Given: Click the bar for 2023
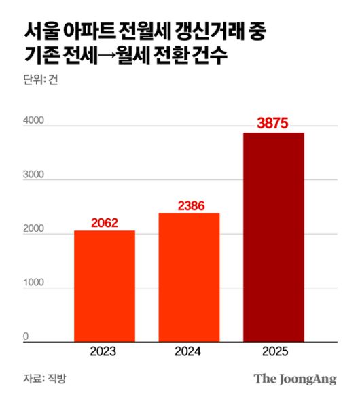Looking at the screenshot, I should pos(104,285).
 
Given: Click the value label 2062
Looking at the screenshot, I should pos(104,222).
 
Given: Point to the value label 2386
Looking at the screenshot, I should pos(190,204).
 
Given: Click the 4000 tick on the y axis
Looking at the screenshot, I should pos(34,120).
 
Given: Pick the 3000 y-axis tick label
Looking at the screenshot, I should pos(34,175).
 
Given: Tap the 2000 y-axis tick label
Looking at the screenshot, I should pos(34,229).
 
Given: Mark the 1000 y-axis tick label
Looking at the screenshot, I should pos(34,283).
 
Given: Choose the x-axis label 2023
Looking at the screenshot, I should pos(103,352).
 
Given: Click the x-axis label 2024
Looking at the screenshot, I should pos(189,352).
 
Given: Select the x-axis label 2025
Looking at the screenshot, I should pos(274,352).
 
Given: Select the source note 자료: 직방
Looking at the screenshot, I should pos(44,379).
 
